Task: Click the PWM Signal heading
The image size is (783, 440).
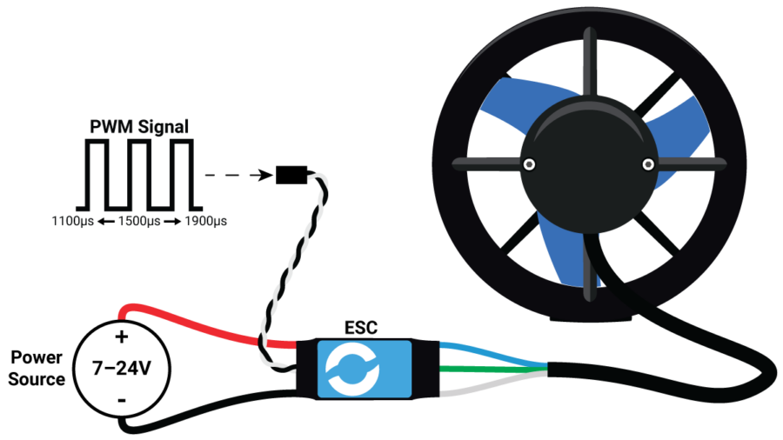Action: tap(139, 127)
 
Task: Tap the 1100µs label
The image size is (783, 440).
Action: tap(72, 222)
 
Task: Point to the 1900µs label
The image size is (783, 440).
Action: tap(205, 222)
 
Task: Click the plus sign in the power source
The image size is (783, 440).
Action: tap(122, 336)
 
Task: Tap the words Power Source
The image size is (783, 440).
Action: tap(37, 369)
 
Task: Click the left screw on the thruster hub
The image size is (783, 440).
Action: tap(528, 163)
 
